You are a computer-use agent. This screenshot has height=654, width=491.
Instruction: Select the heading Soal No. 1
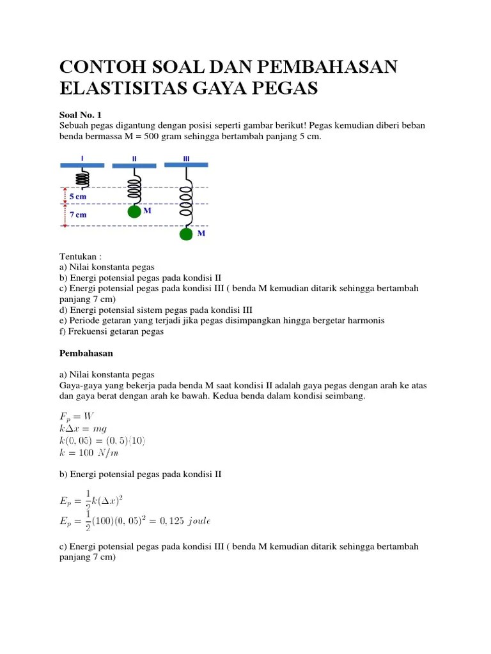[81, 115]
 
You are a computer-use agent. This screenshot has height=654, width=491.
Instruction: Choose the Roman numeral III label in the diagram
[186, 157]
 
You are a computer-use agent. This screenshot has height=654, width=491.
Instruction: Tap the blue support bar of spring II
[134, 166]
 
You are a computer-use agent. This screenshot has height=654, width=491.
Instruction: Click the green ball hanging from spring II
[134, 212]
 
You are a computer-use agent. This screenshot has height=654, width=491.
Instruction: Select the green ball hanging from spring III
[186, 234]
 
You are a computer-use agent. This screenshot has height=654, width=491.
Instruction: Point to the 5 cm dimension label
[78, 197]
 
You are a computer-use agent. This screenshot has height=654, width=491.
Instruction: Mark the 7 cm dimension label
[78, 215]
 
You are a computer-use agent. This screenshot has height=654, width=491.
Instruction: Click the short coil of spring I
[83, 177]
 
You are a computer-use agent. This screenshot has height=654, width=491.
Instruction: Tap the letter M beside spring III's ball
[201, 234]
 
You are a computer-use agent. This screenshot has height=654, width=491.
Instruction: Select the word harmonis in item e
[362, 321]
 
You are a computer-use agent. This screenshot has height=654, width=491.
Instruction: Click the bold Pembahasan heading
[86, 353]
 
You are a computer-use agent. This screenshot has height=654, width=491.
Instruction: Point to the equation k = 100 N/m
[89, 453]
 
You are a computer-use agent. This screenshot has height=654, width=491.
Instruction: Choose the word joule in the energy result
[196, 521]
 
